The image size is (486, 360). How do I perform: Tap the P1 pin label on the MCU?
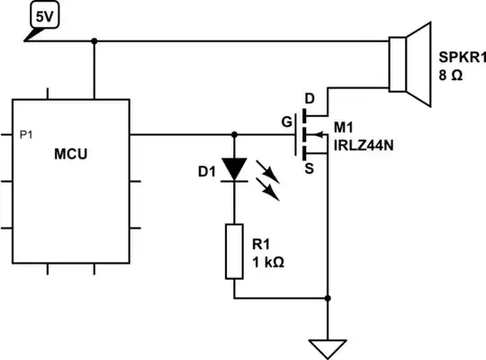(27, 134)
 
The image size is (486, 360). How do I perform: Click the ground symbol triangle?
(328, 344)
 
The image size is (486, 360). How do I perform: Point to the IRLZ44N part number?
(365, 144)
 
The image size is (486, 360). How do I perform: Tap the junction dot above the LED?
(234, 136)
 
